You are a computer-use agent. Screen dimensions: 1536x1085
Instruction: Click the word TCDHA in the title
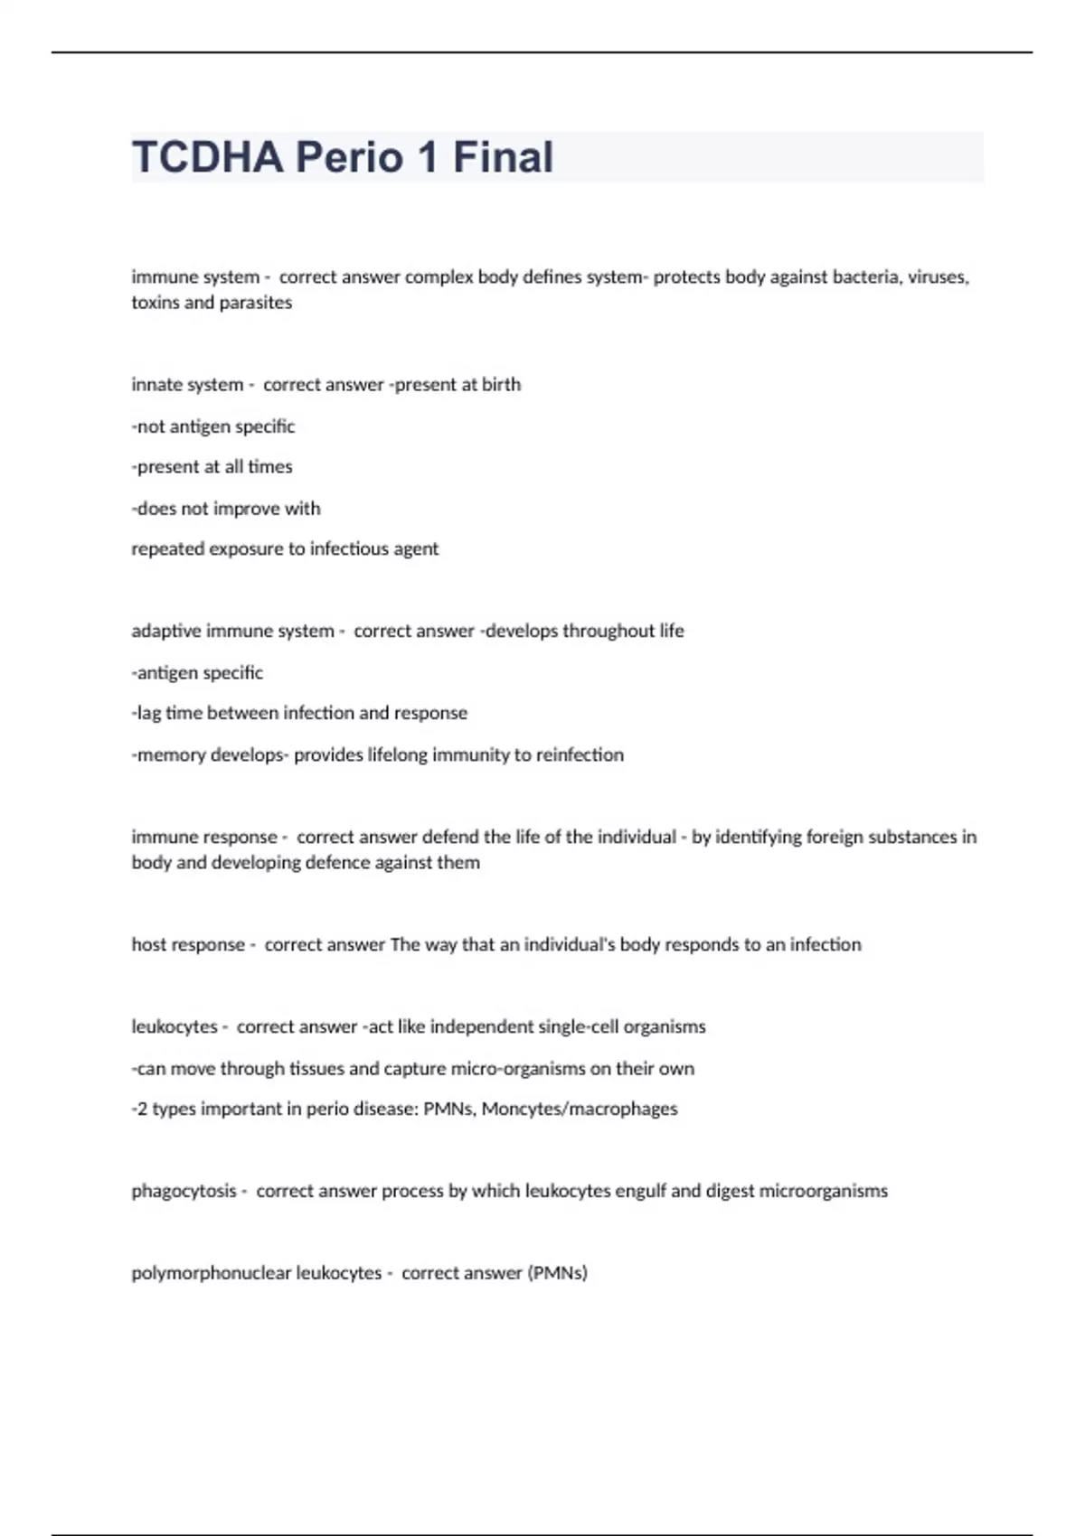(208, 157)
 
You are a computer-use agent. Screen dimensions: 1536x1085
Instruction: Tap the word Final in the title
(503, 157)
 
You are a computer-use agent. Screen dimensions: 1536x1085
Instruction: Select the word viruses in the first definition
(938, 277)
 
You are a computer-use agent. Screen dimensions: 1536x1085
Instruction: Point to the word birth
(501, 385)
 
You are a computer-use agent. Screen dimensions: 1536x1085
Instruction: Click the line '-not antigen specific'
(213, 426)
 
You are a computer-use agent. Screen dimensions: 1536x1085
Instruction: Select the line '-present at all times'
(212, 467)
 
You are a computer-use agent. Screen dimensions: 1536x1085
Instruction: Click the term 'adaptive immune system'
(232, 632)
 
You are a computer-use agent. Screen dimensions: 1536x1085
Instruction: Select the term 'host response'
(188, 945)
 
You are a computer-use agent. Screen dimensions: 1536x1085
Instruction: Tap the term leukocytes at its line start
(175, 1027)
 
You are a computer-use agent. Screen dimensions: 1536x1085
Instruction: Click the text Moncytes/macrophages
(580, 1110)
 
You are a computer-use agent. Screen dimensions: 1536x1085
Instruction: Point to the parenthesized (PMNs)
(557, 1274)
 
